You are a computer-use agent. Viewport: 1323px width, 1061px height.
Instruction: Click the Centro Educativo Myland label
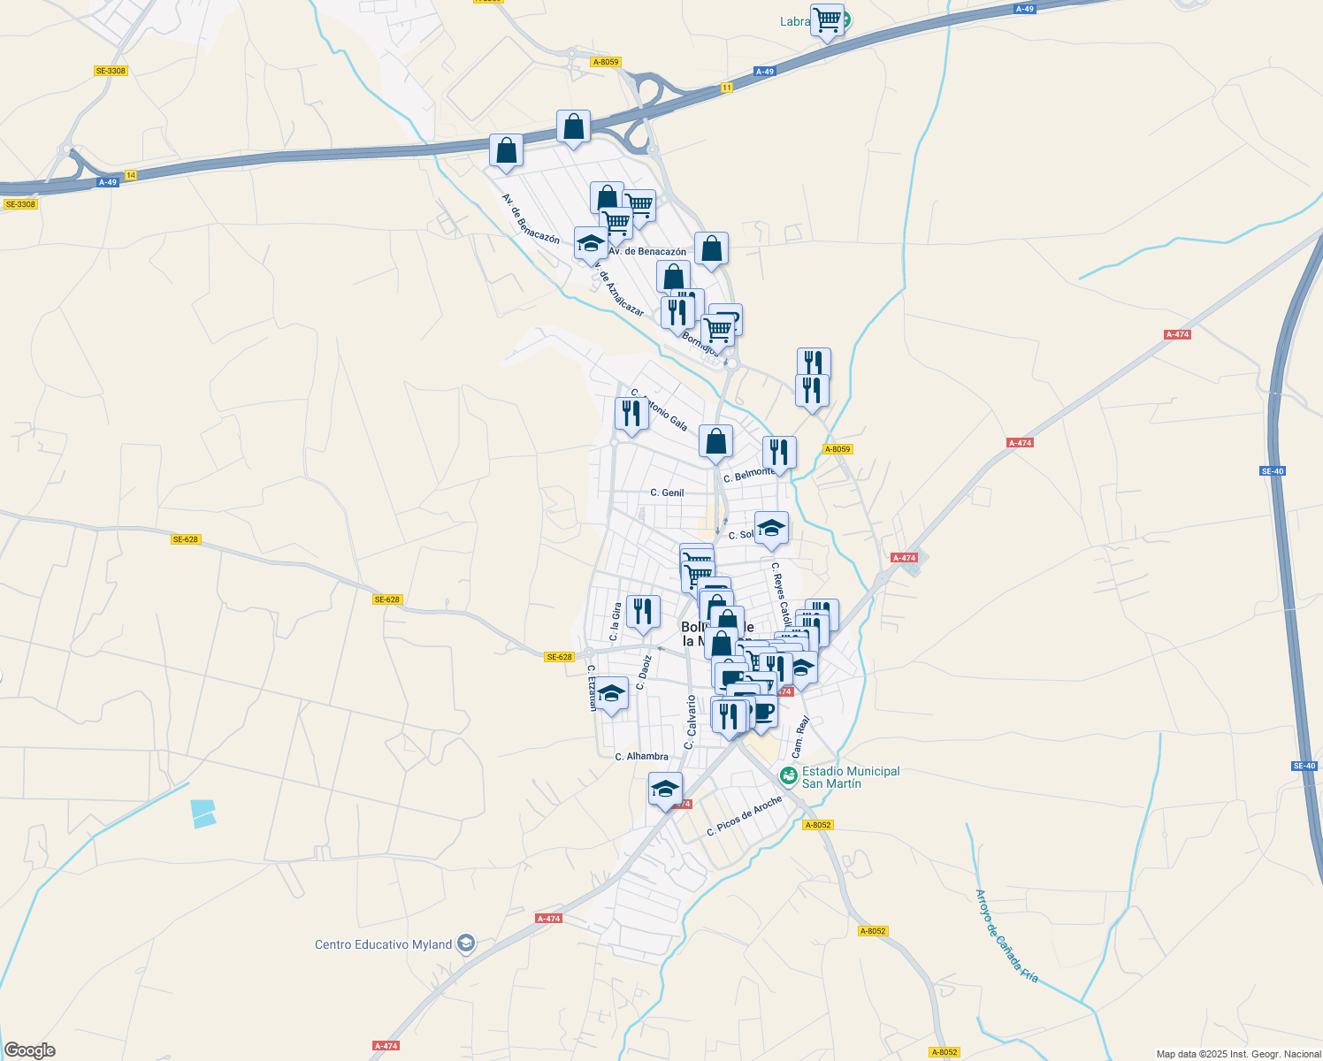[383, 944]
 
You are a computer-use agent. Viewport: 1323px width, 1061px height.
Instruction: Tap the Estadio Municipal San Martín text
[850, 777]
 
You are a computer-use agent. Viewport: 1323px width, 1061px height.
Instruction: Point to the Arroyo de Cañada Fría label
[1006, 935]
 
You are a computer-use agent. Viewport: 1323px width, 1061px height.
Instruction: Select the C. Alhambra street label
[642, 756]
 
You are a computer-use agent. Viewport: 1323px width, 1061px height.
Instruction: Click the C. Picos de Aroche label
[745, 816]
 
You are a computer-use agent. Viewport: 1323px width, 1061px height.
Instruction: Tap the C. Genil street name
[667, 492]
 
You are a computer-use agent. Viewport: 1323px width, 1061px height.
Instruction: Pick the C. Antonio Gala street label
[660, 410]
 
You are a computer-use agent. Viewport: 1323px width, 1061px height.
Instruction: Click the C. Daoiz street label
[646, 671]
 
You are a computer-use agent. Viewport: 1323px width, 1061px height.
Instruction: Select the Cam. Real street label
[801, 737]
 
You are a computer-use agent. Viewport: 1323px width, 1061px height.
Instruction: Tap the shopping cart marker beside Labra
[827, 19]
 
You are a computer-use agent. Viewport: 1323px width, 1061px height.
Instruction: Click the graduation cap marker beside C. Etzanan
[611, 693]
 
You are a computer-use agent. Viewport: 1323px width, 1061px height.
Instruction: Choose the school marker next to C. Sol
[771, 528]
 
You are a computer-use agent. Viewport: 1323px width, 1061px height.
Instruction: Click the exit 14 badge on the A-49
[131, 175]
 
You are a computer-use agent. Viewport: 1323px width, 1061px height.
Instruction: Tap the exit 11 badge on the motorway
[726, 88]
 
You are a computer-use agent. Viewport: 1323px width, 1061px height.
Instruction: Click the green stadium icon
[788, 775]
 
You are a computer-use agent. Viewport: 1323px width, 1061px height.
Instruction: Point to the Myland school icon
[466, 944]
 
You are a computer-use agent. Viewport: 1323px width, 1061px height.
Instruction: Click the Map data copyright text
[1238, 1054]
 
